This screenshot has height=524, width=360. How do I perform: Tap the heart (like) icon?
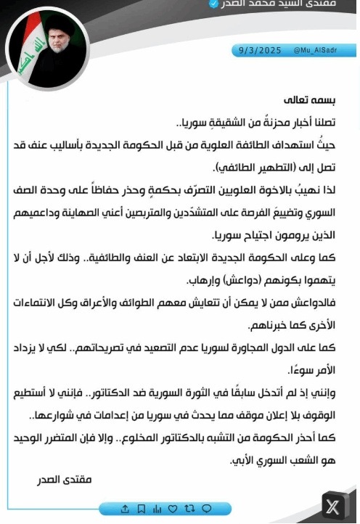coord(172,507)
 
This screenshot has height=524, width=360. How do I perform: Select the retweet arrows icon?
coord(189,507)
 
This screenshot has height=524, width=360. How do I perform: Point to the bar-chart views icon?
coord(156,507)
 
